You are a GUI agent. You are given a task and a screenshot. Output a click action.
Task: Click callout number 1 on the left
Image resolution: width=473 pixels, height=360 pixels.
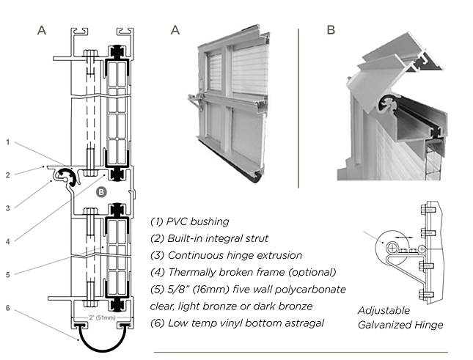pyautogui.click(x=8, y=141)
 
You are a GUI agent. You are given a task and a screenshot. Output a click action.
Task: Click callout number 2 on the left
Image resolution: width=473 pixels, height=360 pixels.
pyautogui.click(x=8, y=175)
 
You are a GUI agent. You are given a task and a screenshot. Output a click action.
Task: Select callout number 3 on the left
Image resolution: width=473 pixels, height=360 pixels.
pyautogui.click(x=8, y=208)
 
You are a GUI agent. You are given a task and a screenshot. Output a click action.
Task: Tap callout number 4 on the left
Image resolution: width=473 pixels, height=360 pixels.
pyautogui.click(x=8, y=240)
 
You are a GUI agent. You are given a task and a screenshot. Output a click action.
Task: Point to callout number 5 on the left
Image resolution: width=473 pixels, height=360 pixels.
pyautogui.click(x=8, y=274)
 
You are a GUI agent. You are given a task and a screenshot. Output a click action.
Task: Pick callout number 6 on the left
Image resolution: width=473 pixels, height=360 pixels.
pyautogui.click(x=8, y=308)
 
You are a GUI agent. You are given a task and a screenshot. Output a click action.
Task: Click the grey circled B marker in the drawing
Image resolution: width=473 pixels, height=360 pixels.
pyautogui.click(x=102, y=191)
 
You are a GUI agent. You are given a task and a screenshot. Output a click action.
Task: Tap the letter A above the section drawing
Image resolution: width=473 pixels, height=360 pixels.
pyautogui.click(x=42, y=30)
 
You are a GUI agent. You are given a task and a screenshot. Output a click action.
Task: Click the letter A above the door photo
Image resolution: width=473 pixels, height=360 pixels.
pyautogui.click(x=175, y=30)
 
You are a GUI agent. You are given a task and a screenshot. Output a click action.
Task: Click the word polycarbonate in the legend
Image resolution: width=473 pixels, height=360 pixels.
pyautogui.click(x=308, y=289)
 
